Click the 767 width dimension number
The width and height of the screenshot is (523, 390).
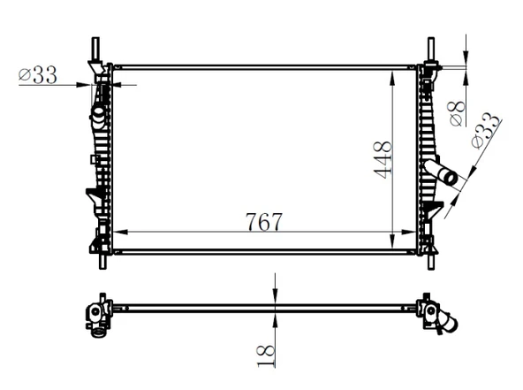[x=263, y=221]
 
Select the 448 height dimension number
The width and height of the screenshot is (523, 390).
[x=383, y=159]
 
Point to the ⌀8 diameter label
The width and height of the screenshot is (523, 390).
[x=457, y=113]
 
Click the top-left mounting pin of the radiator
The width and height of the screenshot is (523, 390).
[x=95, y=48]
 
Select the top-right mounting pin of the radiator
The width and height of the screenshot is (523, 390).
[x=431, y=48]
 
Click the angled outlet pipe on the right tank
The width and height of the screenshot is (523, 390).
[x=442, y=173]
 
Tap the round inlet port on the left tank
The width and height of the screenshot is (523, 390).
[x=98, y=112]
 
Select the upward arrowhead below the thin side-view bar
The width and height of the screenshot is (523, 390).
[x=277, y=316]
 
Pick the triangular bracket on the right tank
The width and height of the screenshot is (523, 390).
[x=434, y=209]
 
